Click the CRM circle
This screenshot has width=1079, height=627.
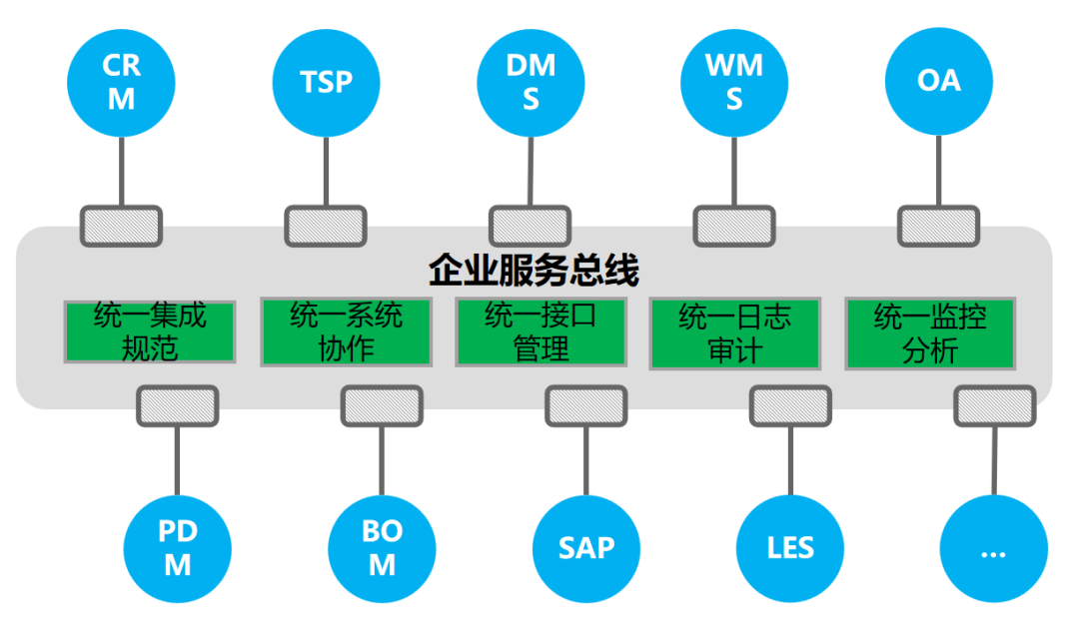pos(121,82)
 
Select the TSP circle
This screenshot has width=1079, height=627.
pos(327,82)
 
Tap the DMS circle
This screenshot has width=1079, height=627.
pos(531,82)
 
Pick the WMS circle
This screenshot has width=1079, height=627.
pos(734,82)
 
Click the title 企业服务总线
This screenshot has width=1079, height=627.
pos(535,271)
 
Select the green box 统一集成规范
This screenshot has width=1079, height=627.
pos(150,332)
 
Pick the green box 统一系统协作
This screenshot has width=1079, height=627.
pos(346,332)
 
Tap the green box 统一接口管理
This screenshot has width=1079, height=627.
pos(540,332)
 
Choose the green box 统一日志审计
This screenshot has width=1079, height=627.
pos(735,332)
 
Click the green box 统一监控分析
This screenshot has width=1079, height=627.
pos(930,332)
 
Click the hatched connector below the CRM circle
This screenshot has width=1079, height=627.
pos(121,227)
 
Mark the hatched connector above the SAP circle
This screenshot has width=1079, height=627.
pos(586,406)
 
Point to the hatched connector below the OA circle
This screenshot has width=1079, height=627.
pos(939,227)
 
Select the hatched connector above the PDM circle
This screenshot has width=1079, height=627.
pos(177,406)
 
